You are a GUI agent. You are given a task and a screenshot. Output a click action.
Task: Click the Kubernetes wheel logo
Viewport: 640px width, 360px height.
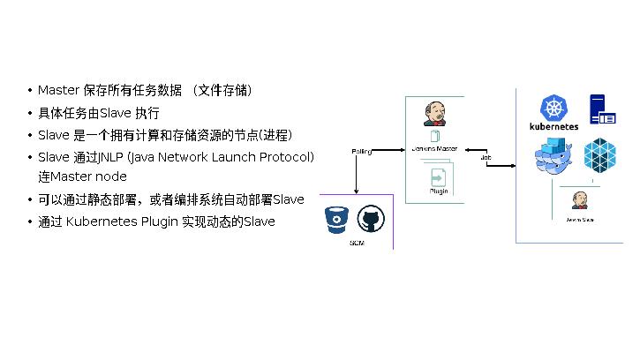pos(553,108)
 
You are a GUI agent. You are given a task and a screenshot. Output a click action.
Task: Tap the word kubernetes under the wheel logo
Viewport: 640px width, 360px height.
pos(553,126)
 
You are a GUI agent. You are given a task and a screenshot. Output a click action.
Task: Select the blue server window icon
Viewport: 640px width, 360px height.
pos(603,109)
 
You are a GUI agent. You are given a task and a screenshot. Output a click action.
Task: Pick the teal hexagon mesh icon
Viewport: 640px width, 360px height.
pos(600,154)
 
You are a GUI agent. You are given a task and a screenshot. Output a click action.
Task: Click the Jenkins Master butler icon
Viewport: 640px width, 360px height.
pos(434,115)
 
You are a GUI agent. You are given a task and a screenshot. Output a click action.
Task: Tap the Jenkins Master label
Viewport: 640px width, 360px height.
pos(434,148)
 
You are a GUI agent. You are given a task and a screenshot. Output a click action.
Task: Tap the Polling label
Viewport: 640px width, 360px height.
pos(361,151)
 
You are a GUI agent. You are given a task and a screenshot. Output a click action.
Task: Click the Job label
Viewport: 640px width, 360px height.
pos(486,158)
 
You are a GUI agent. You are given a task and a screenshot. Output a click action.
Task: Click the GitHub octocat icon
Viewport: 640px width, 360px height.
pos(370,221)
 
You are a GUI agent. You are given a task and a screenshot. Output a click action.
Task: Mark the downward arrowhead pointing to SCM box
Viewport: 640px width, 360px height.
pos(355,191)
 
